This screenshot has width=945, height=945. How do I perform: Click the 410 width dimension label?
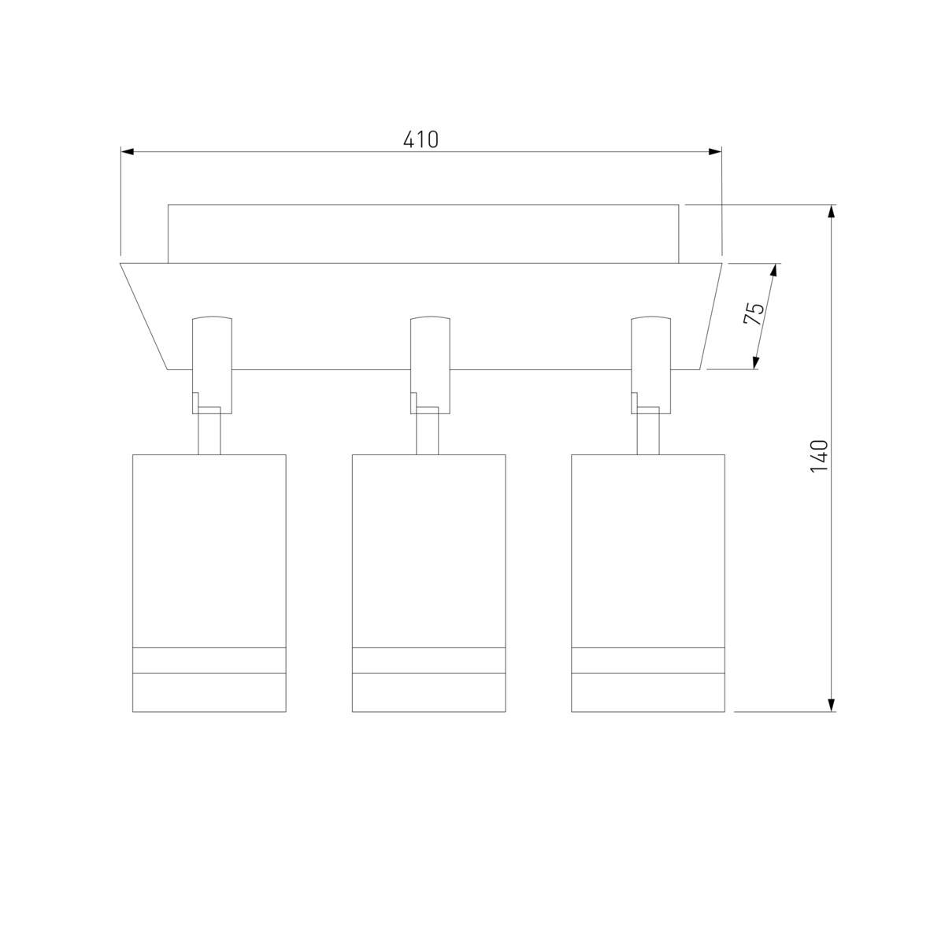pos(421,139)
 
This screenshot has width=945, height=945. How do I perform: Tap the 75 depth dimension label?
pos(754,313)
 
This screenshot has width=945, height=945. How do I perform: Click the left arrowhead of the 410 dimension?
pos(127,151)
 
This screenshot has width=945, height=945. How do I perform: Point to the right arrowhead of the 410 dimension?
pos(715,151)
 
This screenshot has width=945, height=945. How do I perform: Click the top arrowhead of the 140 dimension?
pos(831,211)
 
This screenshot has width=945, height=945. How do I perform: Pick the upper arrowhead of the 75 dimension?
pos(774,271)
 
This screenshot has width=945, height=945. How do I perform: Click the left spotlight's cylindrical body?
pos(209,583)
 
